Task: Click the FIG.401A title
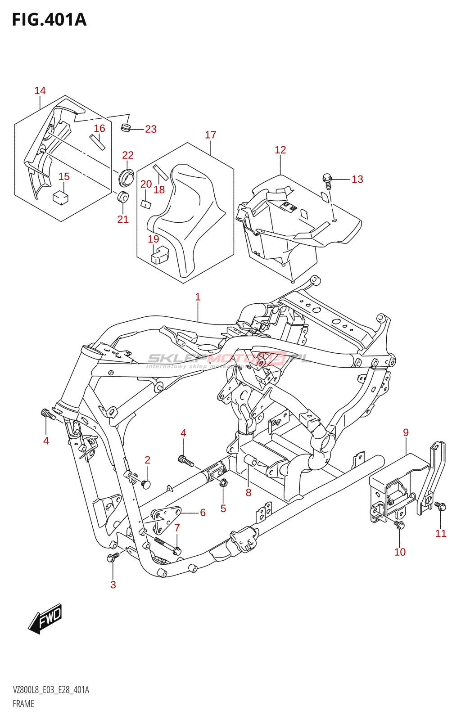[x=49, y=20]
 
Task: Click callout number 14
[x=40, y=91]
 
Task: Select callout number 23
[x=151, y=130]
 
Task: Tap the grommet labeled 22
[x=126, y=176]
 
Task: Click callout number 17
[x=210, y=135]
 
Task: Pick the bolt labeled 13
[x=327, y=180]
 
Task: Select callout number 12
[x=280, y=150]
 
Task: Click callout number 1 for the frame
[x=198, y=297]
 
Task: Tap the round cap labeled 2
[x=145, y=484]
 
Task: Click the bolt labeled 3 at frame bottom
[x=112, y=558]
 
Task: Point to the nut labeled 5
[x=223, y=483]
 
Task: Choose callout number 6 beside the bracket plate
[x=203, y=513]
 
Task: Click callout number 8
[x=249, y=493]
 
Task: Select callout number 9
[x=406, y=433]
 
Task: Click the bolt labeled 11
[x=441, y=507]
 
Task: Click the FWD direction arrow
[x=45, y=618]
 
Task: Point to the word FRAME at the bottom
[x=23, y=704]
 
